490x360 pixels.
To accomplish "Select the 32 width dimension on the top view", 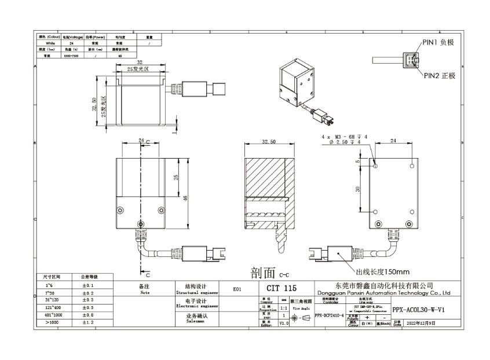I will tap(140, 62).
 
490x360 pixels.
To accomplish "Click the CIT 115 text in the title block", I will tap(281, 288).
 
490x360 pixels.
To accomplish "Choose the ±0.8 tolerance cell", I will tap(88, 315).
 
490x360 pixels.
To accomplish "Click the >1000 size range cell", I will tap(46, 322).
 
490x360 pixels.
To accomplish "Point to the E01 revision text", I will tap(236, 288).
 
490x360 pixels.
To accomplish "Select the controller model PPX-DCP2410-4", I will tap(329, 317).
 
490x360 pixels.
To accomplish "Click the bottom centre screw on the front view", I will tap(140, 225).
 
